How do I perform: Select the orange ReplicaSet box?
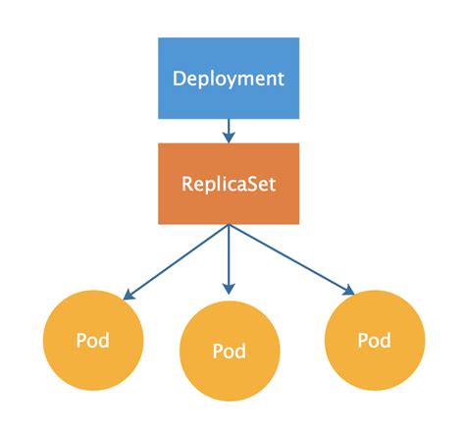[229, 184]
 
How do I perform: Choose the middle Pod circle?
[229, 351]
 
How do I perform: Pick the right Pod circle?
[374, 341]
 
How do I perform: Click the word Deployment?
[229, 78]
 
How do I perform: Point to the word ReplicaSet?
[229, 184]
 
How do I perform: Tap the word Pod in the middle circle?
[229, 351]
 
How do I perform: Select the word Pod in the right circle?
[374, 341]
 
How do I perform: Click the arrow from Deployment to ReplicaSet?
[229, 130]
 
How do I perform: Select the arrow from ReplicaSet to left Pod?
[177, 260]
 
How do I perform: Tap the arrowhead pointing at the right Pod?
[346, 290]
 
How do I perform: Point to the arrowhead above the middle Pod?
[229, 289]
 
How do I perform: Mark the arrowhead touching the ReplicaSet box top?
[229, 137]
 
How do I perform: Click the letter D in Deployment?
[180, 78]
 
